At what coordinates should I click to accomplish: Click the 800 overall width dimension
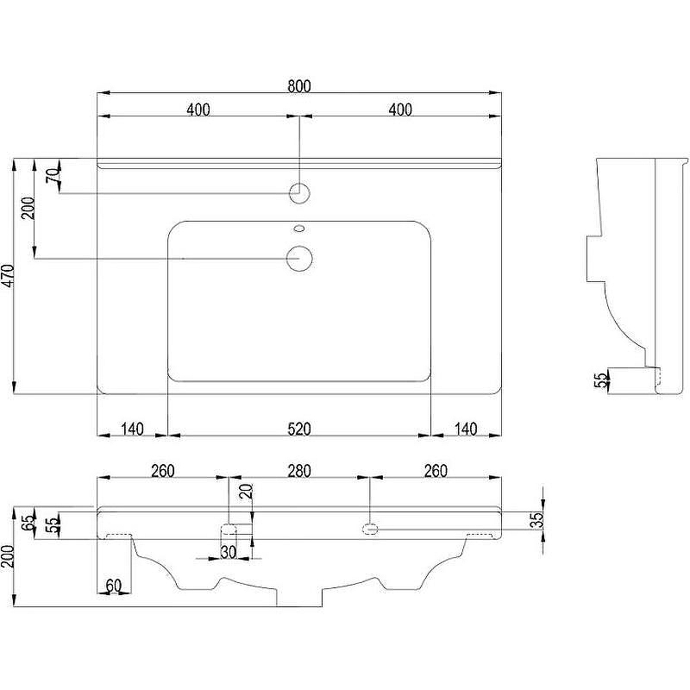coord(299,85)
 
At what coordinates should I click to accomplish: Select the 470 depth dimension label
coord(9,276)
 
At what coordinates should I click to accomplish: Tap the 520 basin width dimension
coord(299,429)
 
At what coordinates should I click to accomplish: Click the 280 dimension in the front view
coord(299,471)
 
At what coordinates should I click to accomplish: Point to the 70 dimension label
coord(53,176)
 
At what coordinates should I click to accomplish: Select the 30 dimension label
coord(228,552)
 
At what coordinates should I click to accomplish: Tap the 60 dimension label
coord(114,586)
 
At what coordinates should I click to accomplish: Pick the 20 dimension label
coord(248,491)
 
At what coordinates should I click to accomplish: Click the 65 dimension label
coord(29,522)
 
